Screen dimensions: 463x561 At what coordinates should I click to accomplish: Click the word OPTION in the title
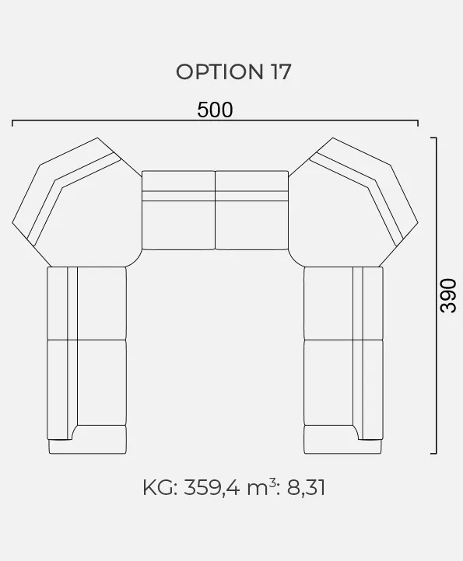coord(219,71)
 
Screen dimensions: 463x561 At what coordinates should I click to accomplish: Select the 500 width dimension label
coord(215,110)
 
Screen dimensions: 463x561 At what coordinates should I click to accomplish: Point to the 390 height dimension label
coord(448,295)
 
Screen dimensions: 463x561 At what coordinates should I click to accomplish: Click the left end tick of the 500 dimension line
coord(12,123)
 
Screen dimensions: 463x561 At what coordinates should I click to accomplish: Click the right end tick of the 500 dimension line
coord(418,123)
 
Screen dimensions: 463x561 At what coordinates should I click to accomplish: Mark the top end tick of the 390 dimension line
coord(433,138)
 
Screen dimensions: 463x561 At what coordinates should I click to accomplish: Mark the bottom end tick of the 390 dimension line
coord(433,453)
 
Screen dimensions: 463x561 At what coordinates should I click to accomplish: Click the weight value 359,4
coord(212,488)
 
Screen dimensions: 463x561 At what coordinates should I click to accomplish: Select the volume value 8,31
coord(306,488)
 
